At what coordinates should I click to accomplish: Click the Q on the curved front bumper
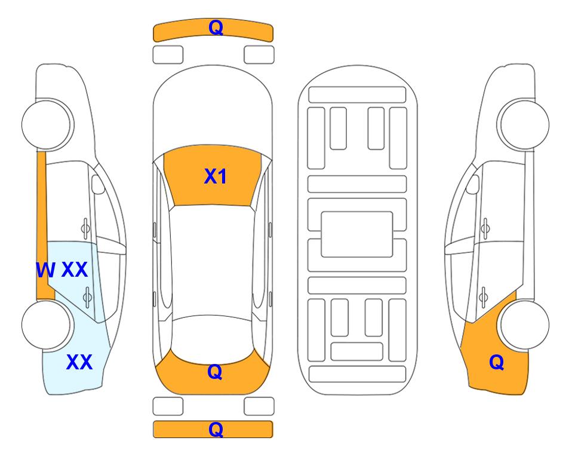pyautogui.click(x=216, y=27)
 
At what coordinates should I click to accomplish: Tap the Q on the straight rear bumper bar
pyautogui.click(x=216, y=429)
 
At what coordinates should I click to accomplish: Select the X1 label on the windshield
pyautogui.click(x=216, y=176)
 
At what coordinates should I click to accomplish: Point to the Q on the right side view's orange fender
pyautogui.click(x=497, y=362)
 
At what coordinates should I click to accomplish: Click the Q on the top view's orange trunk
pyautogui.click(x=215, y=372)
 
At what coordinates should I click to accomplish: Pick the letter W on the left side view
pyautogui.click(x=46, y=270)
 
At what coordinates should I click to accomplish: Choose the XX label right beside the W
pyautogui.click(x=75, y=270)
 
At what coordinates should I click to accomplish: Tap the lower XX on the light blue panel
pyautogui.click(x=79, y=362)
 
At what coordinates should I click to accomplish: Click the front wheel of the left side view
pyautogui.click(x=47, y=124)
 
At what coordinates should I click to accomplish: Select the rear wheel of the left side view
pyautogui.click(x=47, y=325)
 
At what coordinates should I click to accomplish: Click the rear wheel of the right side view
pyautogui.click(x=524, y=325)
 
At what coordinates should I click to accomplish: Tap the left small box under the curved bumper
pyautogui.click(x=168, y=55)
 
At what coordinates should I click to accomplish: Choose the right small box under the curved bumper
pyautogui.click(x=259, y=55)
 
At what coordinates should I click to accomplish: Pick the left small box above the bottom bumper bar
pyautogui.click(x=168, y=406)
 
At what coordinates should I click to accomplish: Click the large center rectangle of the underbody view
pyautogui.click(x=357, y=234)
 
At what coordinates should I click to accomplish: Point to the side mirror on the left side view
pyautogui.click(x=98, y=184)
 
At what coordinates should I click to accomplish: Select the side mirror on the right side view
pyautogui.click(x=473, y=184)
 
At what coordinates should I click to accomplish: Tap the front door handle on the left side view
pyautogui.click(x=85, y=229)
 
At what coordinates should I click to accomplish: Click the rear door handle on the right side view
pyautogui.click(x=484, y=297)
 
